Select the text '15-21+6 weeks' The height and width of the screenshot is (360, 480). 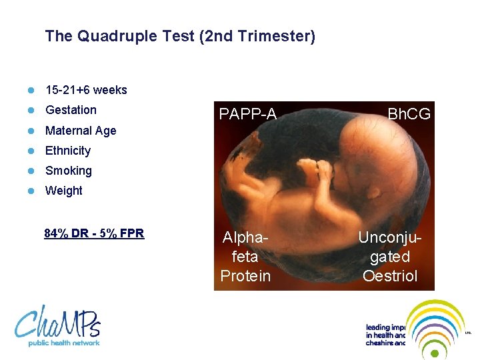pos(86,90)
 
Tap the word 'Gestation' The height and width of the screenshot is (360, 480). pos(71,110)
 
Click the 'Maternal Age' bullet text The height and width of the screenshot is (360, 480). pos(81,131)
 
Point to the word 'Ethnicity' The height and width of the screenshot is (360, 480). pos(68,151)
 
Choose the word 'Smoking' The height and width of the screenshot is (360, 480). pos(69,171)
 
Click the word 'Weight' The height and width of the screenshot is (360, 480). pos(64,191)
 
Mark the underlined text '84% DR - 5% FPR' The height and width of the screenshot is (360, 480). pos(94,233)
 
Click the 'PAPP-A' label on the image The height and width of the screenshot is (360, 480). pos(248,115)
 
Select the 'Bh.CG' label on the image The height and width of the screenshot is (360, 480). pos(409,115)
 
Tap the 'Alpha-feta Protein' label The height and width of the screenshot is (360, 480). pos(245,257)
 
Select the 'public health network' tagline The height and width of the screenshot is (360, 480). pos(64,343)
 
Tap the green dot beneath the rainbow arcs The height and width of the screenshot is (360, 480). pos(436,353)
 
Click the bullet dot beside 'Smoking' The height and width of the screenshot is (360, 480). pos(30,171)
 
